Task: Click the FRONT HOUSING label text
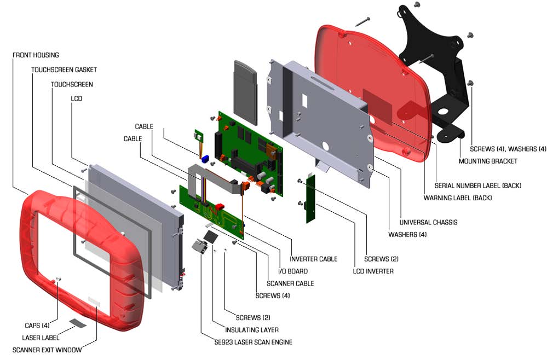click(36, 55)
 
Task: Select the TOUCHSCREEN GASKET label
click(64, 70)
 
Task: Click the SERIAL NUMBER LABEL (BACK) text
click(477, 186)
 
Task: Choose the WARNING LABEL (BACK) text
click(458, 198)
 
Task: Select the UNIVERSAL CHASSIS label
click(428, 223)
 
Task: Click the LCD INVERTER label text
click(373, 271)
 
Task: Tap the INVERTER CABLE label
click(313, 259)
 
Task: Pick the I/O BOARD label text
click(293, 271)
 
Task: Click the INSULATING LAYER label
click(252, 330)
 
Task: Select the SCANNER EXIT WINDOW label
click(47, 350)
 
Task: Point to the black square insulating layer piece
click(211, 236)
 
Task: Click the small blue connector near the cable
click(207, 159)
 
